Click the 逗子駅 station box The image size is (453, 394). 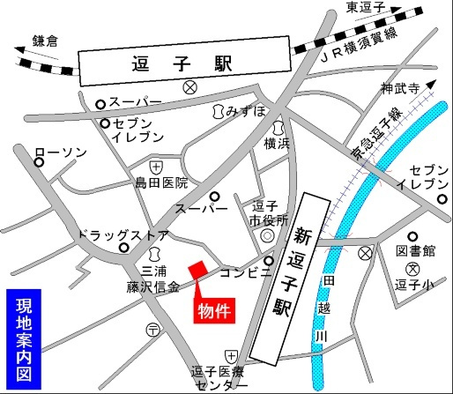point(184,65)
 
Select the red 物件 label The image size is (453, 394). point(215,311)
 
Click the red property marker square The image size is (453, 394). point(197,268)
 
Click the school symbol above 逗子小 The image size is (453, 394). point(411,269)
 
